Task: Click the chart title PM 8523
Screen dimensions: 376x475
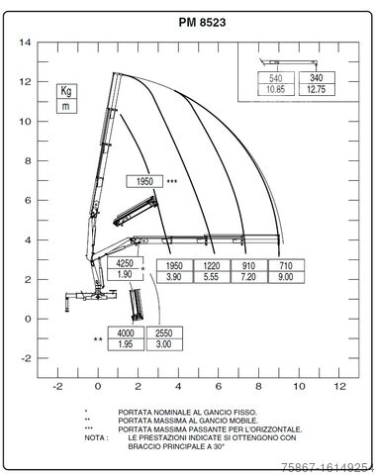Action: (187, 22)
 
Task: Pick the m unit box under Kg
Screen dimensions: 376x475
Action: (67, 105)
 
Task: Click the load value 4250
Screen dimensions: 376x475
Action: (125, 264)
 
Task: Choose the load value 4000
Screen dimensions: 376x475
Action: (126, 332)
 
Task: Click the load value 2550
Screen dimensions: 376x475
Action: (164, 332)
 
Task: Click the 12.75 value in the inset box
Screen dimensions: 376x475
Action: (317, 89)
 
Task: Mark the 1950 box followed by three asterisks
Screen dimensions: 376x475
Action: (144, 181)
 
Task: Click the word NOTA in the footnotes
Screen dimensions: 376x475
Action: (94, 435)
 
